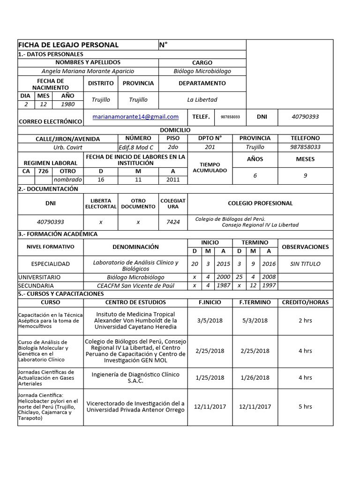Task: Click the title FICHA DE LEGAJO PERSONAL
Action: coord(68,45)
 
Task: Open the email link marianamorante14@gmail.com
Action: coord(135,117)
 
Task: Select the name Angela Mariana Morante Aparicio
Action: coord(88,71)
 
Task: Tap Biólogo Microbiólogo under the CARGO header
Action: coord(202,71)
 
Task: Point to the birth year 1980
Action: coord(68,104)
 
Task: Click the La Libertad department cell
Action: coord(202,99)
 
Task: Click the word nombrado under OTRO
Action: coord(67,180)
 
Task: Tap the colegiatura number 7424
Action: coord(173,222)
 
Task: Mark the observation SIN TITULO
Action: coord(305,264)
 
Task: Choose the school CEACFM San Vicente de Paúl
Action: coord(135,285)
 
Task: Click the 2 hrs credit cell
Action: coord(305,321)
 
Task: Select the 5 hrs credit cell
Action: coord(305,406)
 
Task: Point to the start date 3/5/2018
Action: coord(210,321)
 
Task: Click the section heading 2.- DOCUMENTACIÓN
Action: coord(48,189)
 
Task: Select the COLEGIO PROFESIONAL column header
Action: coord(260,203)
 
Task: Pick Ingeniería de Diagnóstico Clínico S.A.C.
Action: coord(135,377)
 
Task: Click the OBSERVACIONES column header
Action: coord(305,247)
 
